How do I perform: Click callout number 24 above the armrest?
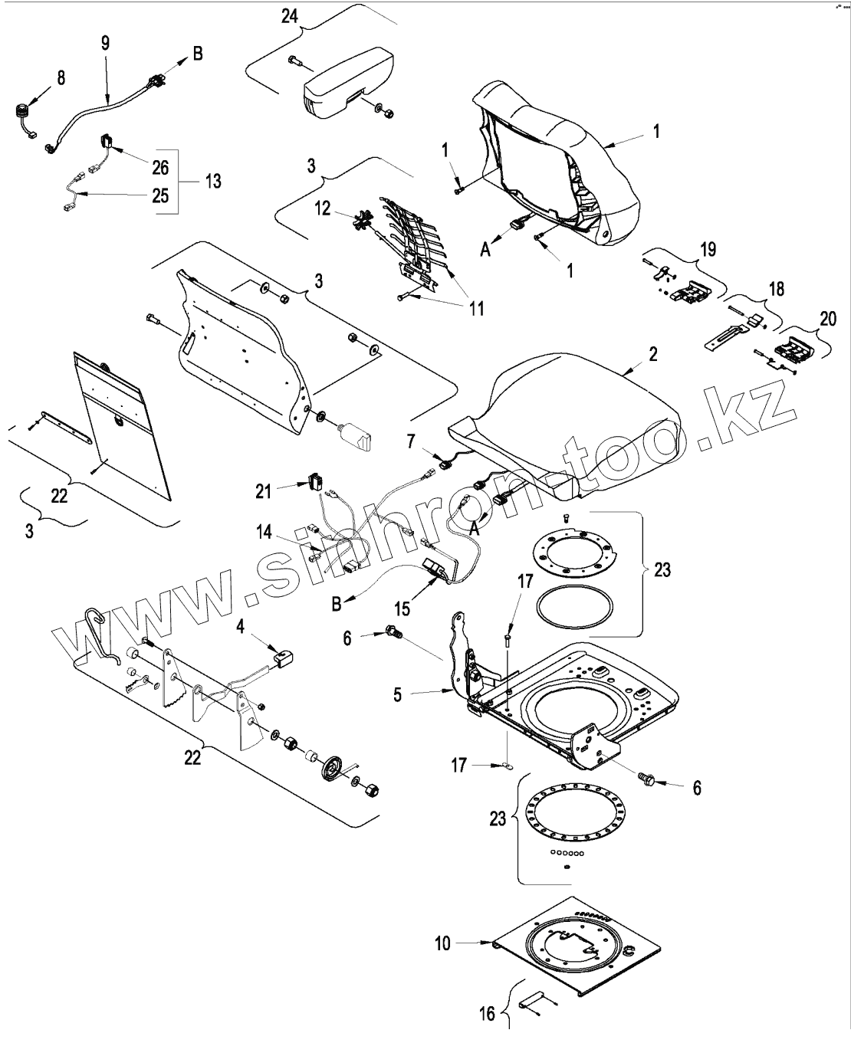point(289,16)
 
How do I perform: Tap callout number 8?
point(61,77)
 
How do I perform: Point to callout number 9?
point(105,42)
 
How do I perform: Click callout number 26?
point(159,166)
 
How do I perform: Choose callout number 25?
point(159,195)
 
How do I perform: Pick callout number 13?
point(212,181)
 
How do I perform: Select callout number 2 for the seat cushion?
point(652,354)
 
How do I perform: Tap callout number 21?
point(264,490)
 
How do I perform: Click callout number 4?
point(240,627)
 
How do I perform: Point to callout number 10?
point(443,943)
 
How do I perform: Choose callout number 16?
point(488,1015)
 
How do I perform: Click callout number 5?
point(397,694)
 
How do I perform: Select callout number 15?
point(401,608)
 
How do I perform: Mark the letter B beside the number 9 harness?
point(197,54)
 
